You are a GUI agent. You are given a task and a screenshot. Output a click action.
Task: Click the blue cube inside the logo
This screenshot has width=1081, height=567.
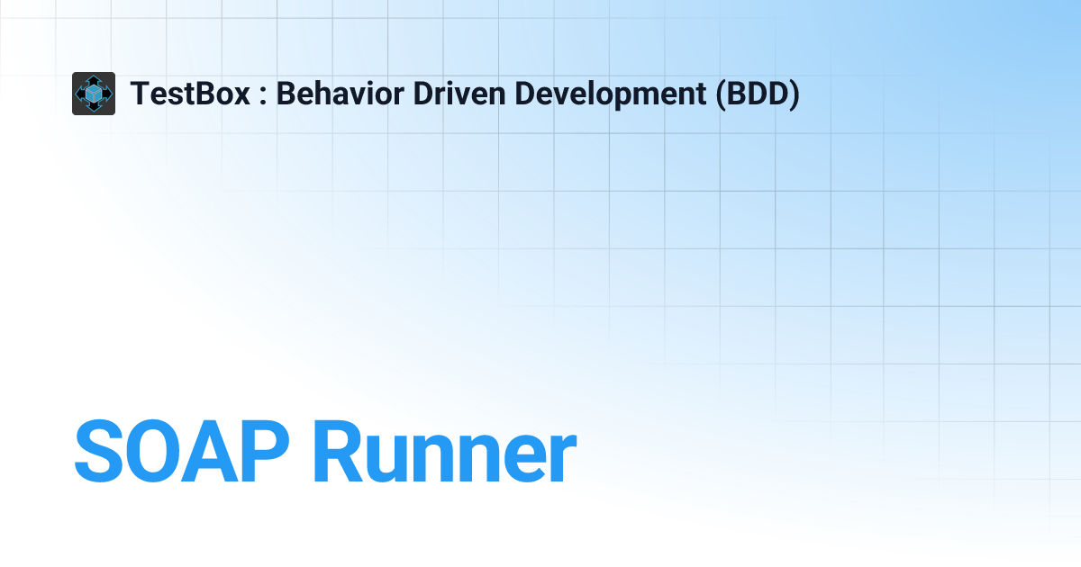pos(94,94)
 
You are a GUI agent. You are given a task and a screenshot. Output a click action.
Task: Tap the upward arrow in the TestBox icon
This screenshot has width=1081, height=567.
pos(94,79)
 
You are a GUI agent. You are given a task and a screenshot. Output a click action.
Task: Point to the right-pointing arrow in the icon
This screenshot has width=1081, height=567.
pos(108,94)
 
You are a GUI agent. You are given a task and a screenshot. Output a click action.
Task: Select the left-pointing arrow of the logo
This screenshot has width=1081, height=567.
pos(79,94)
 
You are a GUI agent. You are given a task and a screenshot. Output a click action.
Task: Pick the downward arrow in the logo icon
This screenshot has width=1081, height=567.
pos(94,108)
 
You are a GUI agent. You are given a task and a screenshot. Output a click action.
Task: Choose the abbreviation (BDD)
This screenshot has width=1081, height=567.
pos(758,94)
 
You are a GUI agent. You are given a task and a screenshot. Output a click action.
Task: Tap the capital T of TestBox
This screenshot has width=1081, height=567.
pos(140,94)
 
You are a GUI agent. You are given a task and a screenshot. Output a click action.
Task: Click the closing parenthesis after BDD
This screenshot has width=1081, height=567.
pos(794,94)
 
